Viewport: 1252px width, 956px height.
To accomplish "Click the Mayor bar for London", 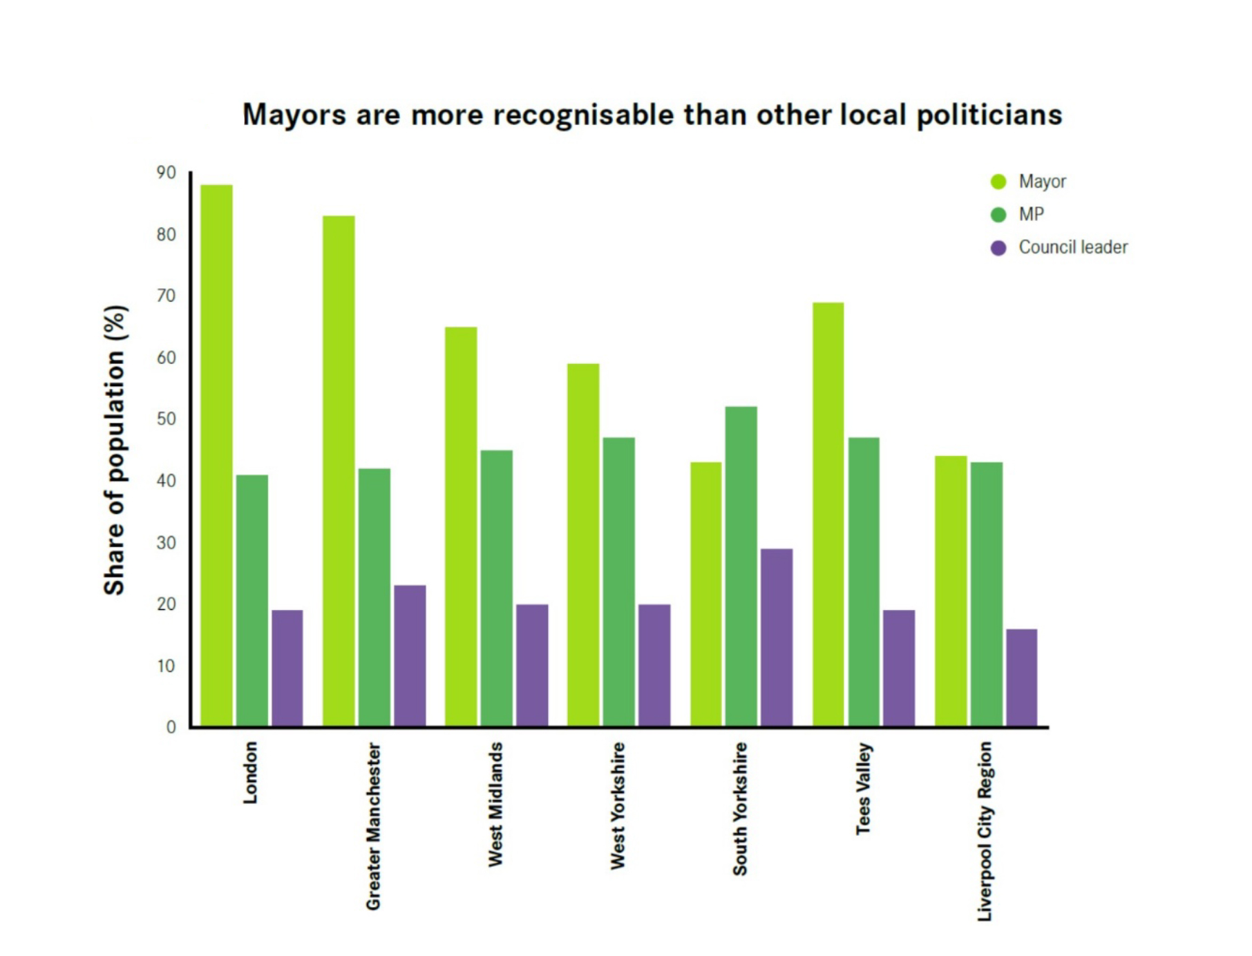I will [216, 456].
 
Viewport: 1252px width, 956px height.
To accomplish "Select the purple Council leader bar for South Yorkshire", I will [777, 637].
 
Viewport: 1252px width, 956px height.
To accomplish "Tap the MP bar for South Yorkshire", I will [741, 566].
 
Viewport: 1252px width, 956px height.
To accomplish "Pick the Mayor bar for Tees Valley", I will [828, 515].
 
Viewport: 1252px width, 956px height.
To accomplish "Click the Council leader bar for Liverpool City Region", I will [1021, 677].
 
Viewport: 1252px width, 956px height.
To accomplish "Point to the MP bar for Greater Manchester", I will [374, 597].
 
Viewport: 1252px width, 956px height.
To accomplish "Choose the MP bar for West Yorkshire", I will [618, 582].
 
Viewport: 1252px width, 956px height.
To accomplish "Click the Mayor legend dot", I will [998, 182].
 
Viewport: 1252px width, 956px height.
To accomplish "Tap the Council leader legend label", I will [1073, 247].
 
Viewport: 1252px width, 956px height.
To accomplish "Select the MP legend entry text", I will [1031, 215].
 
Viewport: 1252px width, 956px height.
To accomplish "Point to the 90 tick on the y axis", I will [167, 173].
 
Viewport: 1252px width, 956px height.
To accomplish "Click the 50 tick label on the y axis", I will [167, 419].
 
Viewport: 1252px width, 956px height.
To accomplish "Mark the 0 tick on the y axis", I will [171, 727].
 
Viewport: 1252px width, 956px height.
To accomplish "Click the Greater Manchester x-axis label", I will [373, 826].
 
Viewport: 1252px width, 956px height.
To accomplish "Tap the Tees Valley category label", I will [864, 788].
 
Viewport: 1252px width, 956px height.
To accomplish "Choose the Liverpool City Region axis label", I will [985, 831].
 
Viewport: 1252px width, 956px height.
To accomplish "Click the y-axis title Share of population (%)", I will [115, 450].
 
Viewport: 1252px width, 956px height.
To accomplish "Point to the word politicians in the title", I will [989, 115].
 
